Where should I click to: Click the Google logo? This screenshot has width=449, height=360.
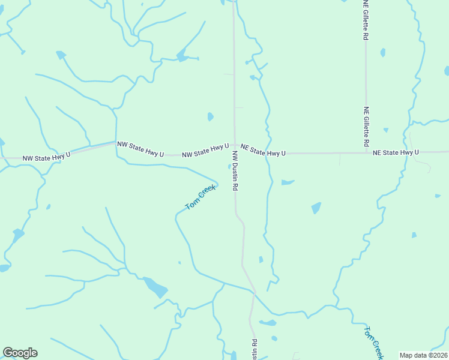(x=20, y=353)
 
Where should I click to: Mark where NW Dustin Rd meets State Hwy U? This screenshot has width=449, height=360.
(x=234, y=154)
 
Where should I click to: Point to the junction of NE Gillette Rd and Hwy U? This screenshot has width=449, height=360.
(x=366, y=153)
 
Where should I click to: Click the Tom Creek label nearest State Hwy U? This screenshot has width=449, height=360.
(x=200, y=197)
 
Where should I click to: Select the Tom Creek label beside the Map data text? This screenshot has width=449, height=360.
(x=373, y=343)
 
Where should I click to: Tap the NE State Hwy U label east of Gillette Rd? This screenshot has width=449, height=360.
(x=396, y=153)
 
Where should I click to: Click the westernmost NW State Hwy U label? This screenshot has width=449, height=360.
(x=46, y=157)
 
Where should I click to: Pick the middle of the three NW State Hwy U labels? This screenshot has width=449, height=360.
(x=140, y=149)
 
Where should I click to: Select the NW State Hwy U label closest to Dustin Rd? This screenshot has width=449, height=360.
(x=205, y=150)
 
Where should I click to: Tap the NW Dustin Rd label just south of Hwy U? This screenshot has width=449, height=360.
(x=236, y=170)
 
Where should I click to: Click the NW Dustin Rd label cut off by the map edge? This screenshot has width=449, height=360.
(x=255, y=349)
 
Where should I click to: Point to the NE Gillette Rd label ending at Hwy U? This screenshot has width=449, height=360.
(x=366, y=127)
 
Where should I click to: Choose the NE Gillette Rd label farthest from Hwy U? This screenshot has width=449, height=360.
(x=366, y=20)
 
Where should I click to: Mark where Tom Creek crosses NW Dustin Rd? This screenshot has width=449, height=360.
(x=255, y=292)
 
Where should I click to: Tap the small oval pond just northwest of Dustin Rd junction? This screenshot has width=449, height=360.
(x=210, y=116)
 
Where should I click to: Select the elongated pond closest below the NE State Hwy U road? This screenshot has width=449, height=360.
(x=288, y=182)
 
